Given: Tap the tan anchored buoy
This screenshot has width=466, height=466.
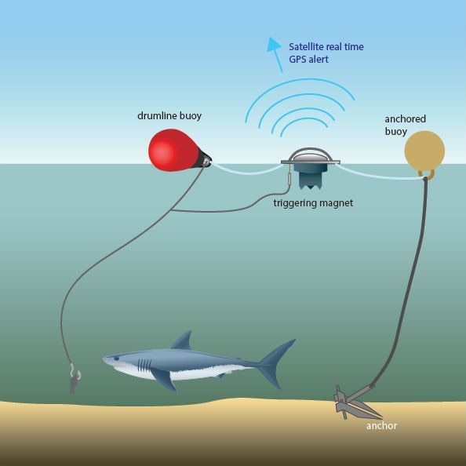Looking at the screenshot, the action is pos(424,151).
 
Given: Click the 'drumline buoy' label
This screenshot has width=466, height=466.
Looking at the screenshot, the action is pos(169,115).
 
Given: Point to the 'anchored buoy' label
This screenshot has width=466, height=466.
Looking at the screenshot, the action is pos(405,125).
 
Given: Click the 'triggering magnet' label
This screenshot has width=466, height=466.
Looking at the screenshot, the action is pos(313,203).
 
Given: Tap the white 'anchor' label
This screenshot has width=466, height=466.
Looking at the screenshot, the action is pos(381,426).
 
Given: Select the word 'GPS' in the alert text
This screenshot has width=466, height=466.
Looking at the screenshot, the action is pos(297,59).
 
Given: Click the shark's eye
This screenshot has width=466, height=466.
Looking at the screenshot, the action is pos(116,359).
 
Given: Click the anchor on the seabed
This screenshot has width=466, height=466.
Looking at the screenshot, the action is pos(354,401).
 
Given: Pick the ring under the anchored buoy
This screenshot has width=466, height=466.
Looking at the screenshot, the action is pos(427,174).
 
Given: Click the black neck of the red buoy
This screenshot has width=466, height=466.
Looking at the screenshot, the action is pos(204,160).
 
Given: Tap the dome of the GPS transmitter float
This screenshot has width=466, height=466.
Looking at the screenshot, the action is pos(310,155).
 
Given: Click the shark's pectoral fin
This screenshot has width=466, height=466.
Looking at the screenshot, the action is pos(164,379).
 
